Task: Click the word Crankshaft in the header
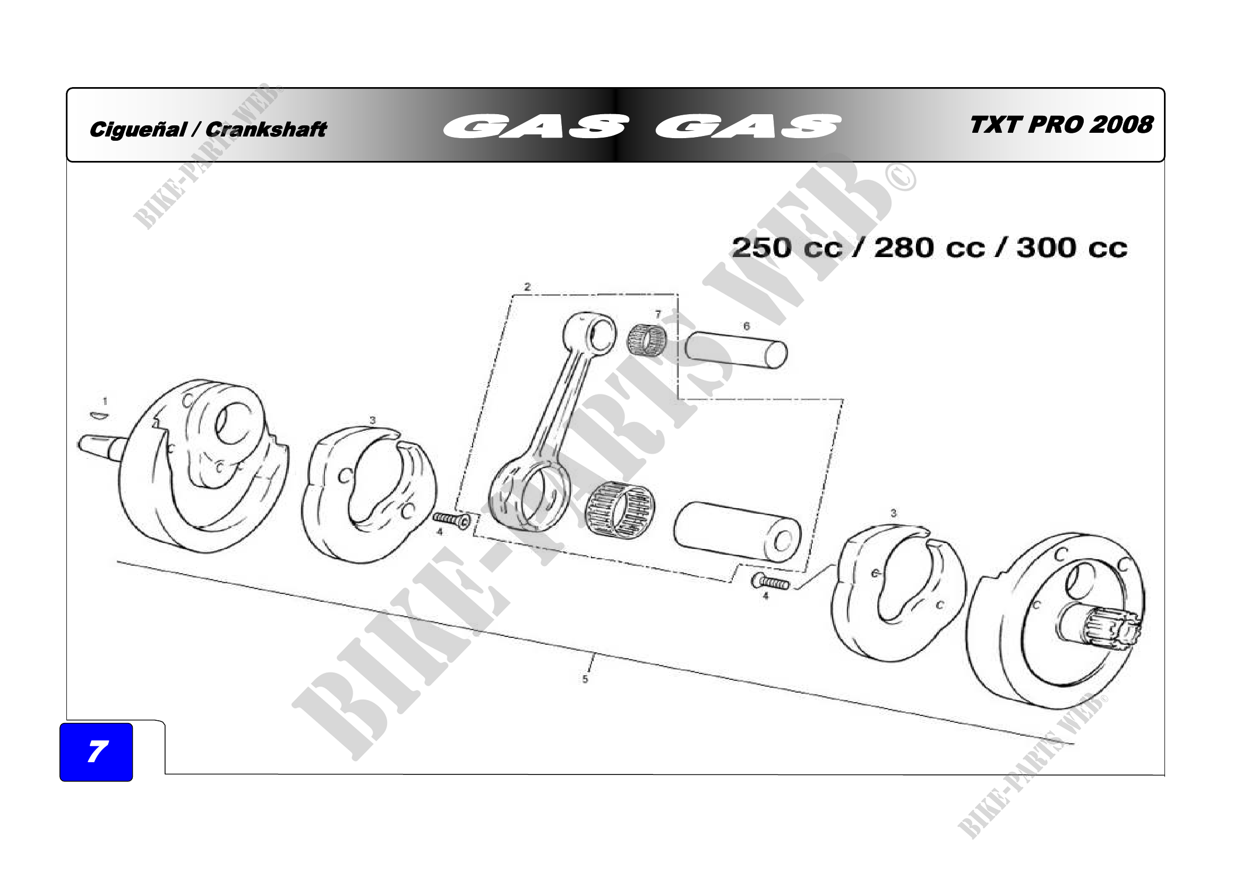click(266, 130)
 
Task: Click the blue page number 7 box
click(96, 752)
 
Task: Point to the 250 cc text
click(787, 248)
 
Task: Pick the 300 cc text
click(1072, 248)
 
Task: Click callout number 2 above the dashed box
click(527, 287)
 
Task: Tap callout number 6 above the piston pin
click(747, 326)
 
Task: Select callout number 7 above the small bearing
click(658, 314)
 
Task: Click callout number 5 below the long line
click(585, 679)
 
